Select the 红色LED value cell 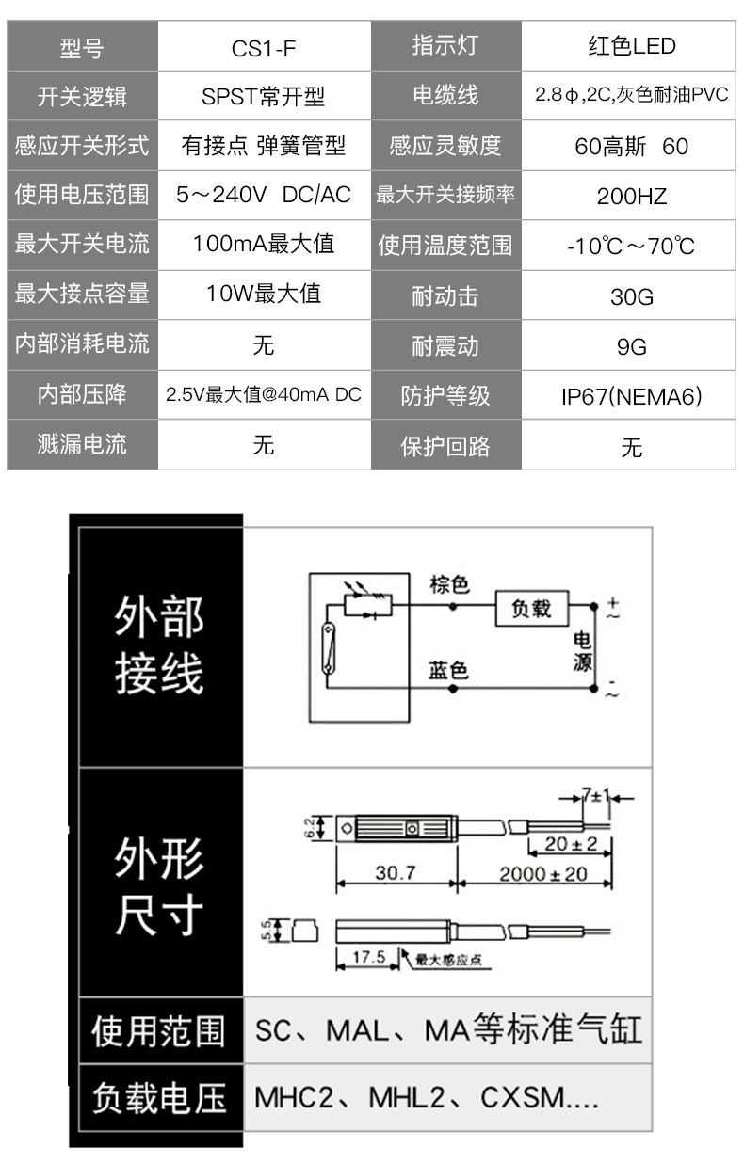(x=631, y=46)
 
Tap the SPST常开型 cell (x=263, y=96)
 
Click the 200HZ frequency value (x=631, y=196)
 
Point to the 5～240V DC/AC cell (x=263, y=195)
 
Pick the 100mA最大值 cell (x=263, y=245)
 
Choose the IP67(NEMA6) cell (x=631, y=396)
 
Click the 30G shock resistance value (x=631, y=296)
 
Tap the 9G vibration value (x=631, y=346)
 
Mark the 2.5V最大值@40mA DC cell (x=263, y=395)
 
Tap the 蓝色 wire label (x=448, y=670)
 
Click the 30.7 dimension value (x=396, y=873)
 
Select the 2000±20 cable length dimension (x=542, y=874)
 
